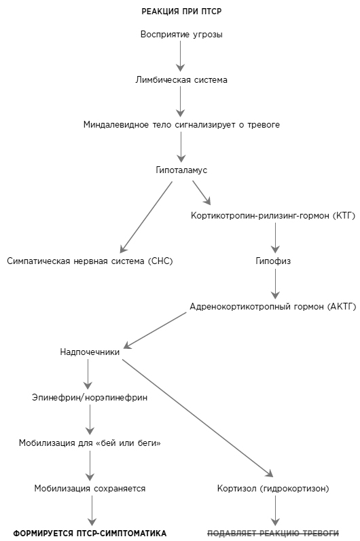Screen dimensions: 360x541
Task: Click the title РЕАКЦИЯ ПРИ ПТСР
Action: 181,12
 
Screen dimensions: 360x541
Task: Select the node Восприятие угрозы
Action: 181,35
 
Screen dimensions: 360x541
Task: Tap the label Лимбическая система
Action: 181,80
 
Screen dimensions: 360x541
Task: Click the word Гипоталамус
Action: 181,170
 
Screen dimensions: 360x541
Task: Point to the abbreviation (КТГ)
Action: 344,216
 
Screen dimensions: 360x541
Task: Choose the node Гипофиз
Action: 273,261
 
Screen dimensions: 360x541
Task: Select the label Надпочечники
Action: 90,352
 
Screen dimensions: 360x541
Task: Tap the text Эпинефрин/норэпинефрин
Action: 90,398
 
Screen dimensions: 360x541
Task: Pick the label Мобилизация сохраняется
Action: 90,489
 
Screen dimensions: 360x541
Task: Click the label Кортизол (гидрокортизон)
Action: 273,489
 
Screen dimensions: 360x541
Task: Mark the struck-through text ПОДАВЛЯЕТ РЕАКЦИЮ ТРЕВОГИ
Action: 273,534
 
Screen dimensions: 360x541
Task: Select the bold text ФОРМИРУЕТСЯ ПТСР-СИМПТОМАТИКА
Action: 90,534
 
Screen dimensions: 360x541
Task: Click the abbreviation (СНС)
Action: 160,261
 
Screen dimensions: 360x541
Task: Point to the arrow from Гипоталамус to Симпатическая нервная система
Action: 145,217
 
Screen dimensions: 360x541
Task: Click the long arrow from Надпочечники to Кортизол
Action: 198,418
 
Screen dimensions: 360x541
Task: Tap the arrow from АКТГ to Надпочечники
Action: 155,331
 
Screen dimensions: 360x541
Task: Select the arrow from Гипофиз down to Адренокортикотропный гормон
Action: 275,284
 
